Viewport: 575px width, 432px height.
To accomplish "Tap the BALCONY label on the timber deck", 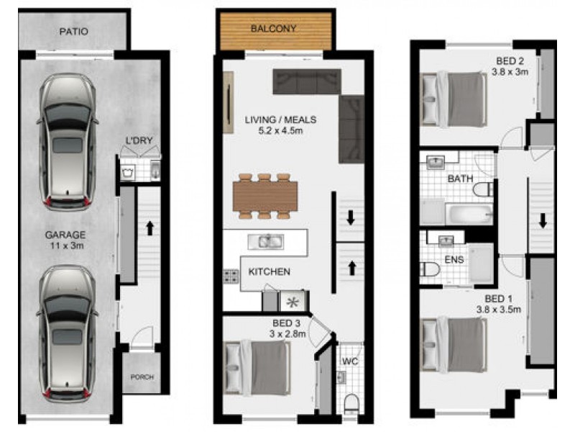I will click(x=273, y=30).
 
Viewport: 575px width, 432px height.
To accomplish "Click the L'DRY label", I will click(x=139, y=141).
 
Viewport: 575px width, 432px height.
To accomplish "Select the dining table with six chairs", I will click(x=265, y=195).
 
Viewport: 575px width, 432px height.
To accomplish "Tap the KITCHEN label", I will click(x=269, y=271).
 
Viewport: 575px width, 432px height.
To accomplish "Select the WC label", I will click(x=349, y=360).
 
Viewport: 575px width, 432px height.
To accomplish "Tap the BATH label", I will click(x=460, y=178).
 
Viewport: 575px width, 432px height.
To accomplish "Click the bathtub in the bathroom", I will click(x=469, y=214).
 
